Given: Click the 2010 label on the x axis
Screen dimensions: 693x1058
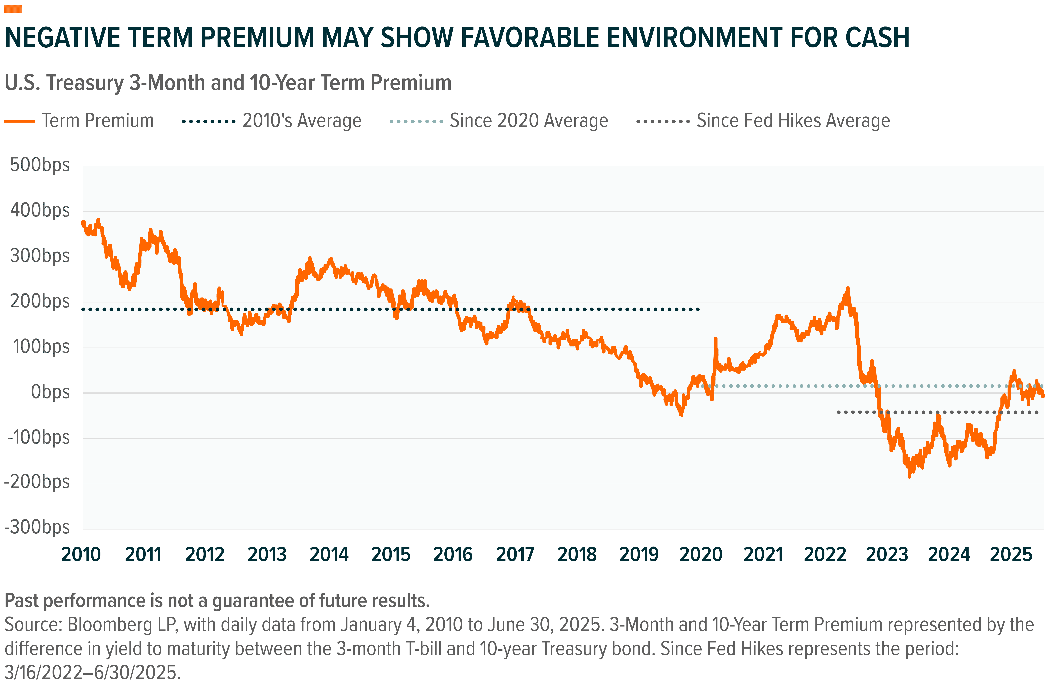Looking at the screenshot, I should (81, 554).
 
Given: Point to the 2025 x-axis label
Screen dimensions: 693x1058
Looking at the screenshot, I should (1011, 554).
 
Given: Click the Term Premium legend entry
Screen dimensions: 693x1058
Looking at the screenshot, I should (98, 121).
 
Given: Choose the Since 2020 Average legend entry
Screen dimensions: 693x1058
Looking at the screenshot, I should (529, 121).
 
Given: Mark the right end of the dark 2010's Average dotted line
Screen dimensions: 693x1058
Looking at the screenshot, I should (698, 309).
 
